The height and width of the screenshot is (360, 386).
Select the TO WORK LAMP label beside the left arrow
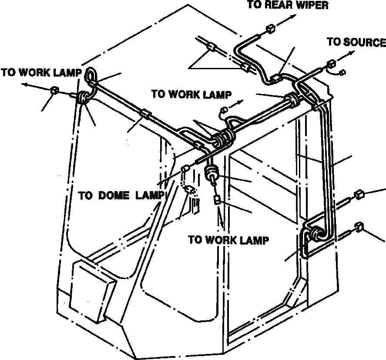(x=41, y=72)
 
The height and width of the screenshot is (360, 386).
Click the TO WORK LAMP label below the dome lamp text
(x=228, y=240)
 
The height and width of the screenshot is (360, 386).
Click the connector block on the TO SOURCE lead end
(x=331, y=65)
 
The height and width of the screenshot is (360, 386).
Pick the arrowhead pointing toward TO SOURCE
(x=352, y=52)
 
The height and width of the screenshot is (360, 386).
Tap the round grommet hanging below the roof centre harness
(x=211, y=173)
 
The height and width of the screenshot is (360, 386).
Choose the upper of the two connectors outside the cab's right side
(x=359, y=194)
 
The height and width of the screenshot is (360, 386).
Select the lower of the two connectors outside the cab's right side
(x=359, y=226)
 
